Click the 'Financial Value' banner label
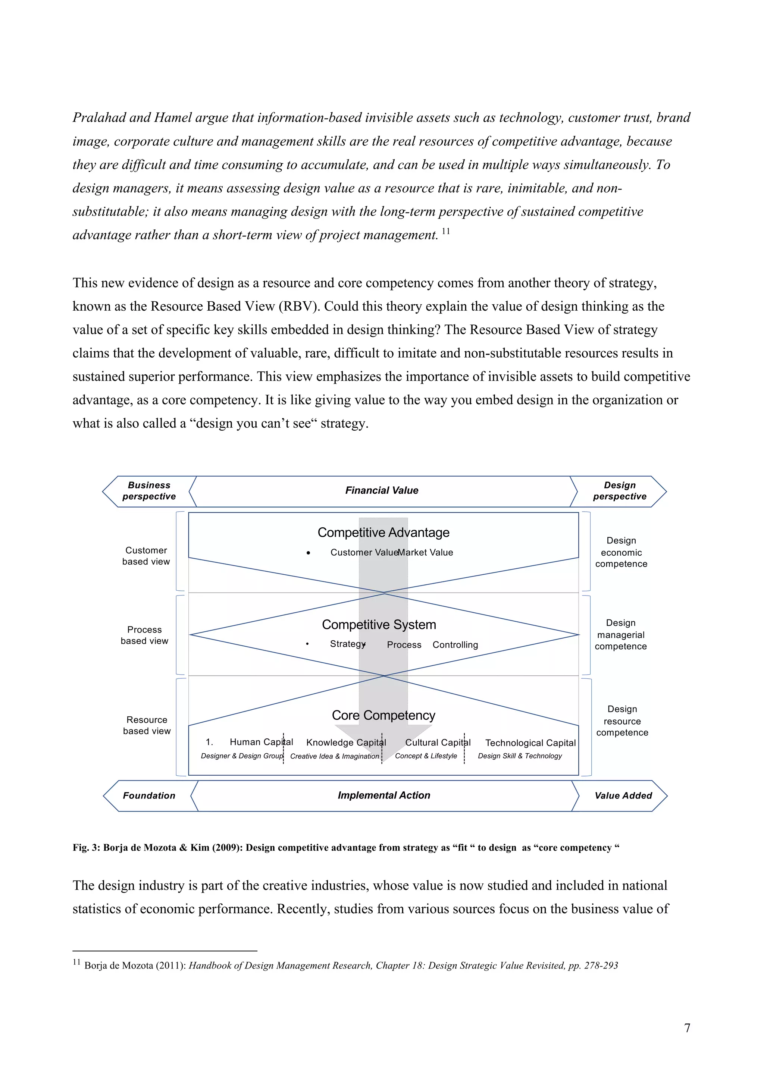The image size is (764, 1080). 382,491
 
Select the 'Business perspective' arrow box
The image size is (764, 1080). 149,491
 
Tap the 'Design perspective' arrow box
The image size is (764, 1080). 620,491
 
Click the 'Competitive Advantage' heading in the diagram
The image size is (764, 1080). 383,533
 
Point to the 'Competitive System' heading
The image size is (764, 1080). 379,625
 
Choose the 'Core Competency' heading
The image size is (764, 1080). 383,715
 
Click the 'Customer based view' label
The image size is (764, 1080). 146,556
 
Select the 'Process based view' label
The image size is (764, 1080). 144,635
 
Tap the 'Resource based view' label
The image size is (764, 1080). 147,725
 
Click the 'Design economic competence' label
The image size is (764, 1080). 621,552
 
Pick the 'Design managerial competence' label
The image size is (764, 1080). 620,635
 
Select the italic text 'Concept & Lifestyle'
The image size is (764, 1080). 426,756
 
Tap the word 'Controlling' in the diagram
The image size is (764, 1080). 455,645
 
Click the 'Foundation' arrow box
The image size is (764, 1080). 149,795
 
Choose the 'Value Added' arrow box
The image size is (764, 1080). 623,795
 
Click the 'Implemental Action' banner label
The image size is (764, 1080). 384,795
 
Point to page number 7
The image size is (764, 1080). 687,1028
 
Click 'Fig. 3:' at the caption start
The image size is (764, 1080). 86,848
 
